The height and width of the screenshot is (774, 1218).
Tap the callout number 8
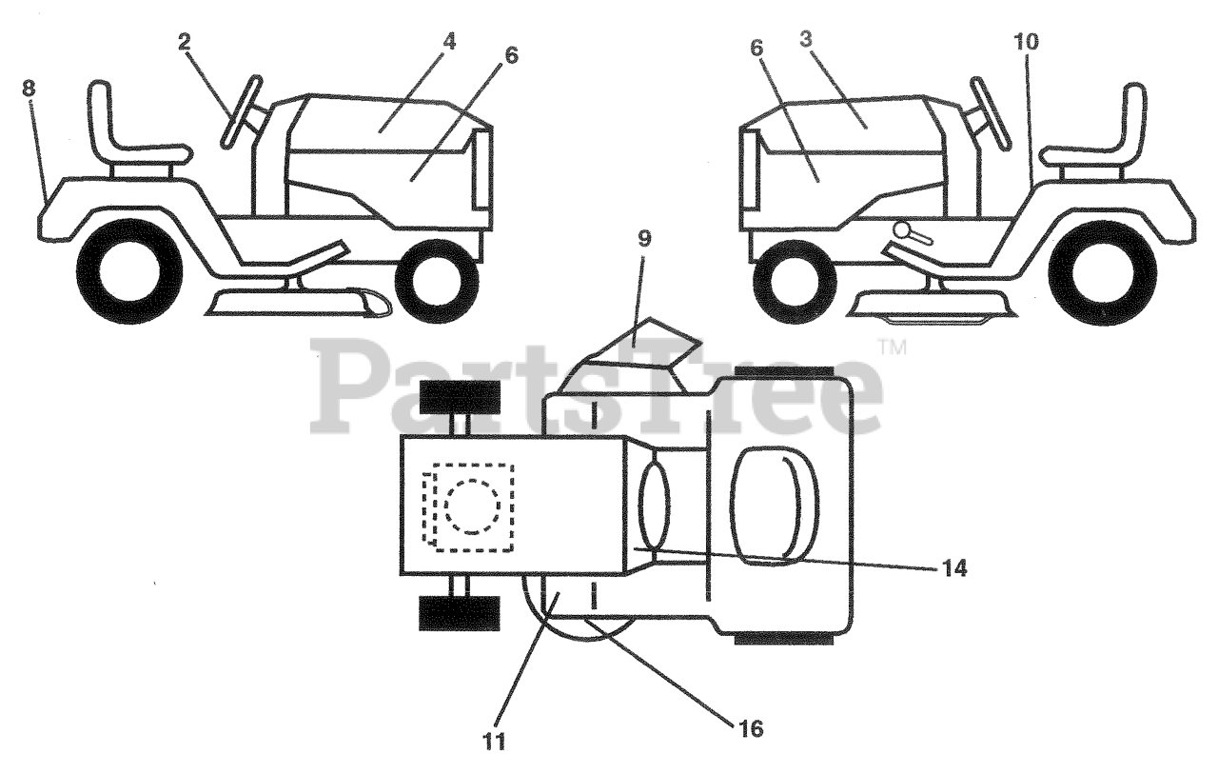[x=29, y=88]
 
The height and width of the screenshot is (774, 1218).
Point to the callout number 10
[x=1027, y=42]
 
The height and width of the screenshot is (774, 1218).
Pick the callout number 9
[x=646, y=238]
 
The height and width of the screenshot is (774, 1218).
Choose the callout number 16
[x=749, y=729]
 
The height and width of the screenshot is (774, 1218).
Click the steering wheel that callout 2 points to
[x=241, y=112]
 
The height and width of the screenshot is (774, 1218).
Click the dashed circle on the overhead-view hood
[x=470, y=505]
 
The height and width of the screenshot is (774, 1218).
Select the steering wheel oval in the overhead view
[x=655, y=505]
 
